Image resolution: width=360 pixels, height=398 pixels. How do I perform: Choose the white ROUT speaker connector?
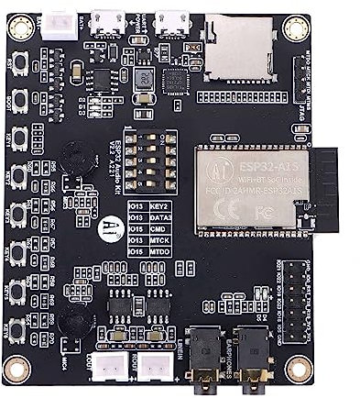click(153, 364)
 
